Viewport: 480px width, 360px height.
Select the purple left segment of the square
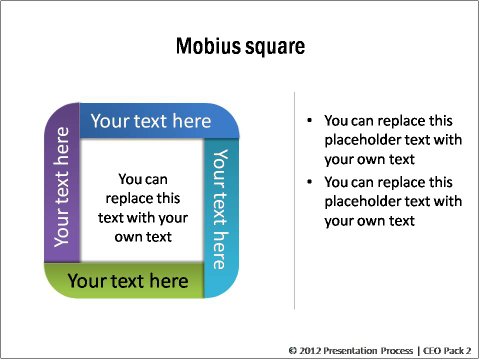61,190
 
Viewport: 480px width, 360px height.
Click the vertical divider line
294,200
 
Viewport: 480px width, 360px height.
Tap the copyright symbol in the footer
292,351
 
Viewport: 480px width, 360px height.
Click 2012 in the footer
309,351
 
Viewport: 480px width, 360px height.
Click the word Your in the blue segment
111,121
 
